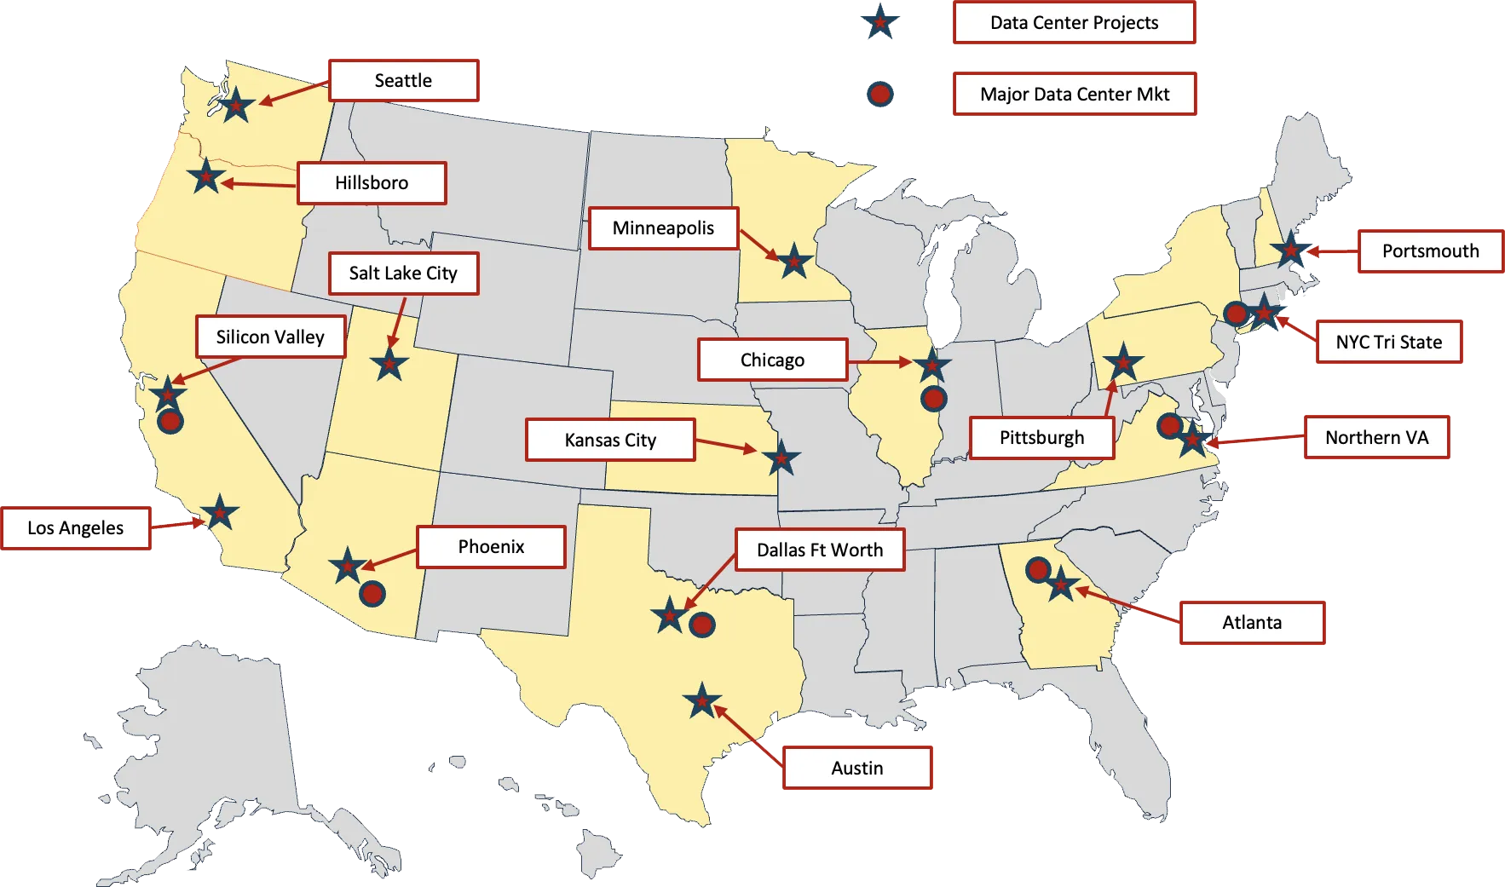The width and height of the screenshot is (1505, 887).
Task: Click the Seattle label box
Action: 404,80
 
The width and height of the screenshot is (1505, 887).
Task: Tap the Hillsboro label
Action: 372,183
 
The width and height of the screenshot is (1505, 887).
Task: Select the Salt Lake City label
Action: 403,274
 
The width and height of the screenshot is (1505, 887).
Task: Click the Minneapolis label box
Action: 663,228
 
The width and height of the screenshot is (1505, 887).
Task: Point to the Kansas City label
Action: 610,440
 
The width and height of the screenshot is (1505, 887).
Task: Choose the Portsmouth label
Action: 1430,251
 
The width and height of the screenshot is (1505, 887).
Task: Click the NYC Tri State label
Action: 1389,342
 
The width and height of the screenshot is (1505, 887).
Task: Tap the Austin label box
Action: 856,768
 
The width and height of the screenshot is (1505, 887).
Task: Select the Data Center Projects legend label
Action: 1074,23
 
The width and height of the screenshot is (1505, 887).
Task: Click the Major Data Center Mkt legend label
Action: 1074,94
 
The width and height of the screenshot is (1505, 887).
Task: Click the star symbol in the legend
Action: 879,21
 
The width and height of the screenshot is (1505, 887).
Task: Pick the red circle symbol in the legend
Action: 880,94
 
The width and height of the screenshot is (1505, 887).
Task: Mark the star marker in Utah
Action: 389,364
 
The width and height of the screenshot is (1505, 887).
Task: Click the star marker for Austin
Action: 701,701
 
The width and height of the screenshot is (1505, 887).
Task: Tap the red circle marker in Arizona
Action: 372,593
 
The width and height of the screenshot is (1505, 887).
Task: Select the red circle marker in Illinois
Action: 934,398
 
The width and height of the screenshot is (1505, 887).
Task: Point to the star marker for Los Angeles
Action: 220,513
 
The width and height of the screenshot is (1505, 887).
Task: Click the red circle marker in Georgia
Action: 1037,569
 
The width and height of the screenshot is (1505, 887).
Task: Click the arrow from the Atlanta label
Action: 1127,604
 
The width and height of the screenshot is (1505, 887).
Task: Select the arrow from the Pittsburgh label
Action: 1110,398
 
